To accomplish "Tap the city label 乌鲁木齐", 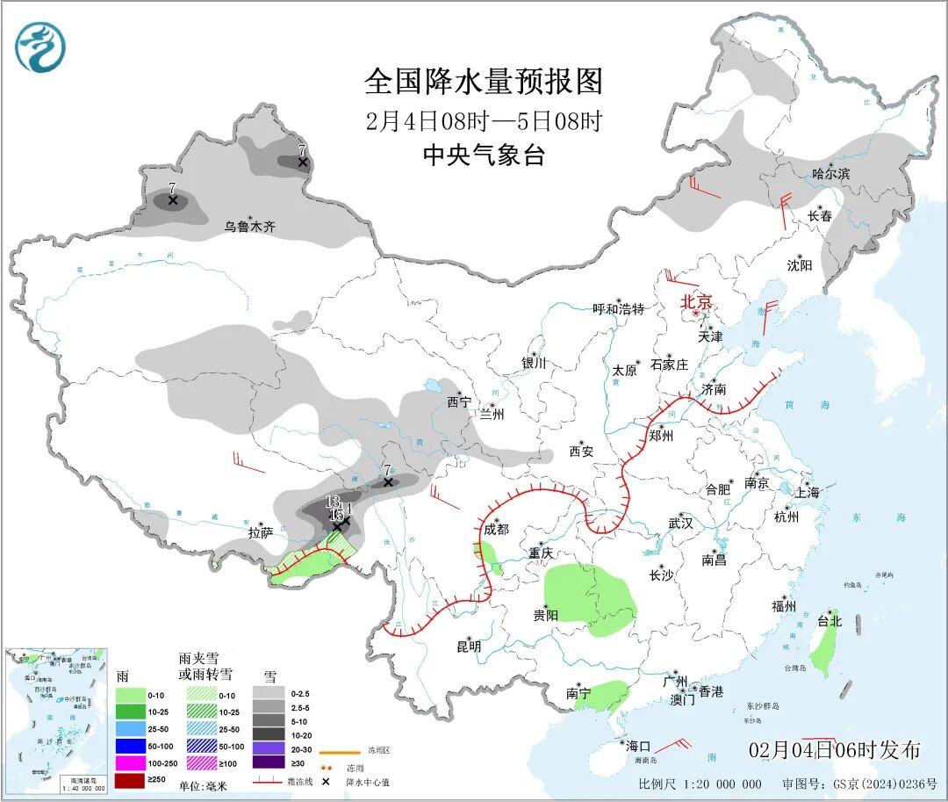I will (x=249, y=227).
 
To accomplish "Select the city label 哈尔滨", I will (x=830, y=174).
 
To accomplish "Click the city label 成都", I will (x=496, y=529).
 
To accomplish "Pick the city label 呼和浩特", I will (x=618, y=309).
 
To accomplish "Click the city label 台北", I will (x=829, y=621).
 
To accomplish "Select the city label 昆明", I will (x=469, y=647).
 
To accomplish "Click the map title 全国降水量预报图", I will (x=485, y=82).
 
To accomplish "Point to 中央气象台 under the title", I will (x=485, y=155).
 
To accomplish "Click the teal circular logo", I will (x=40, y=47).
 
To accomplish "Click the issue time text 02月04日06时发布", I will (x=835, y=749).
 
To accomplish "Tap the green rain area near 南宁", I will (x=602, y=692).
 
